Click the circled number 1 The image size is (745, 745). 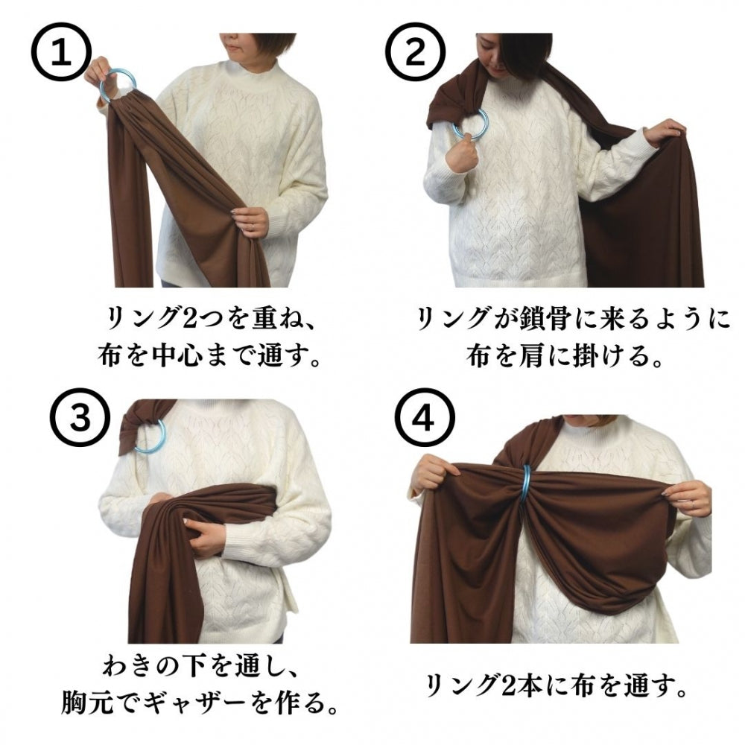click(x=61, y=53)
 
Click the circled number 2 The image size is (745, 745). click(x=415, y=52)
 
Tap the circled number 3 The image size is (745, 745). click(x=80, y=418)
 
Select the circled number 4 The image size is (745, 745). click(x=425, y=418)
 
